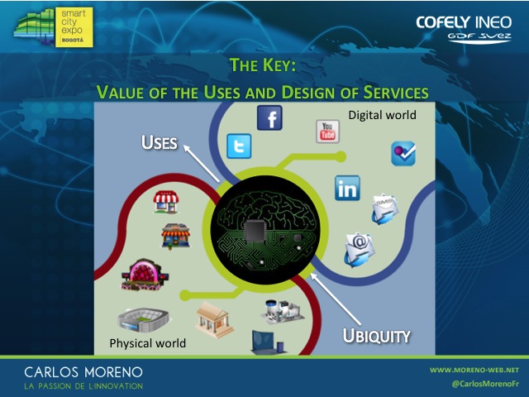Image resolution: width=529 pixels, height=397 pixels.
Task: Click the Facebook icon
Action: click(x=269, y=117)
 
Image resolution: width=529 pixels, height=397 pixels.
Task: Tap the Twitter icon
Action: click(x=239, y=146)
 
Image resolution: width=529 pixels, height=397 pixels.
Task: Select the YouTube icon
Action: click(x=327, y=132)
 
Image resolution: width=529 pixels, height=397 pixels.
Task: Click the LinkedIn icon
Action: click(x=347, y=188)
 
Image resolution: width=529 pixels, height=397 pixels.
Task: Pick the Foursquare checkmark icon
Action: click(x=403, y=154)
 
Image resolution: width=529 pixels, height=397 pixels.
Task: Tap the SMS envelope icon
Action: click(x=384, y=208)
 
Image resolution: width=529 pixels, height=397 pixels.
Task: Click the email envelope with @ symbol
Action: click(x=360, y=250)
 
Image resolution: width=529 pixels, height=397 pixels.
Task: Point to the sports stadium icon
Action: click(x=143, y=319)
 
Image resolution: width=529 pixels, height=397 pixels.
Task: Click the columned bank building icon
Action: click(x=214, y=320)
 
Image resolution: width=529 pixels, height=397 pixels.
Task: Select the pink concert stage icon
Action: click(x=145, y=275)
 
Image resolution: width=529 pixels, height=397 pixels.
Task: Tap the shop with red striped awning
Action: click(x=166, y=202)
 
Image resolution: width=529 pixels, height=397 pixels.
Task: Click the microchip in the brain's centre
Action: click(x=255, y=230)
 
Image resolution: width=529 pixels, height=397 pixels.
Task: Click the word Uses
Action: click(x=160, y=142)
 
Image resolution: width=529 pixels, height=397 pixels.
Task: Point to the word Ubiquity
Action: click(x=377, y=336)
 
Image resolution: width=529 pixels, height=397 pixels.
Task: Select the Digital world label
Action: click(x=382, y=115)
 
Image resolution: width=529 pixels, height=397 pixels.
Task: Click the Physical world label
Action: click(x=148, y=343)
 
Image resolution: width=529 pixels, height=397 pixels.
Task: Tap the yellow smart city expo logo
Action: click(x=74, y=27)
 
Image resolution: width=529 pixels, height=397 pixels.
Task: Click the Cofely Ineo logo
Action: click(x=464, y=29)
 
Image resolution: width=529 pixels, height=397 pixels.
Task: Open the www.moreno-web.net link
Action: click(x=474, y=370)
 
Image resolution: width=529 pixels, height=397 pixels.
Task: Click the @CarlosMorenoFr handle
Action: click(x=485, y=384)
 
